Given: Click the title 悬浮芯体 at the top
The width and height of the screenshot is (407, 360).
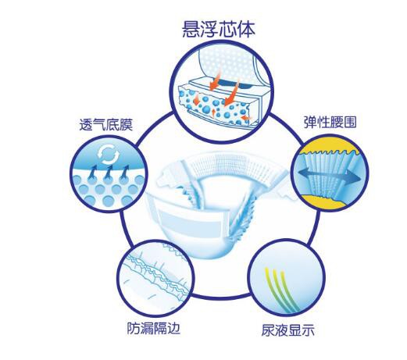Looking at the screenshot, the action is [218, 29].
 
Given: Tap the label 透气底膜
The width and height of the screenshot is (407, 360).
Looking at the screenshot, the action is [106, 125].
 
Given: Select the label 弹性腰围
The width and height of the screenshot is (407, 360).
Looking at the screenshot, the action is [330, 122].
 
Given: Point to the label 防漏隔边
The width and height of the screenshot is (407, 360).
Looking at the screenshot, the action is [153, 328].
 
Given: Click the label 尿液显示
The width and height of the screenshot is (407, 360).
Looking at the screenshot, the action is [288, 330].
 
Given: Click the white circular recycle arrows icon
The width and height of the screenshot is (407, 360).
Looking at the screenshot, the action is [108, 154].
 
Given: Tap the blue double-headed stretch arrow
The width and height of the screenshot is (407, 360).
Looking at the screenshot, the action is [330, 175].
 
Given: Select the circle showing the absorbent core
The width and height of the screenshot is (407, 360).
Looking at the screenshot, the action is [222, 91].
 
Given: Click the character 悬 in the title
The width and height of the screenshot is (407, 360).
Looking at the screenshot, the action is [191, 29].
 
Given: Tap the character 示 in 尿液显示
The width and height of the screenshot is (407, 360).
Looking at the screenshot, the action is [308, 330].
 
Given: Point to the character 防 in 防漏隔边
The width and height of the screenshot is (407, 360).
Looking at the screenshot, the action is [134, 328].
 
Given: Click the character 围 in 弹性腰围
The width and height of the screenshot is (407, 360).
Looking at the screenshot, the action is [350, 122].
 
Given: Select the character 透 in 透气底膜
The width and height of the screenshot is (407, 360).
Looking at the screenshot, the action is [86, 125].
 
